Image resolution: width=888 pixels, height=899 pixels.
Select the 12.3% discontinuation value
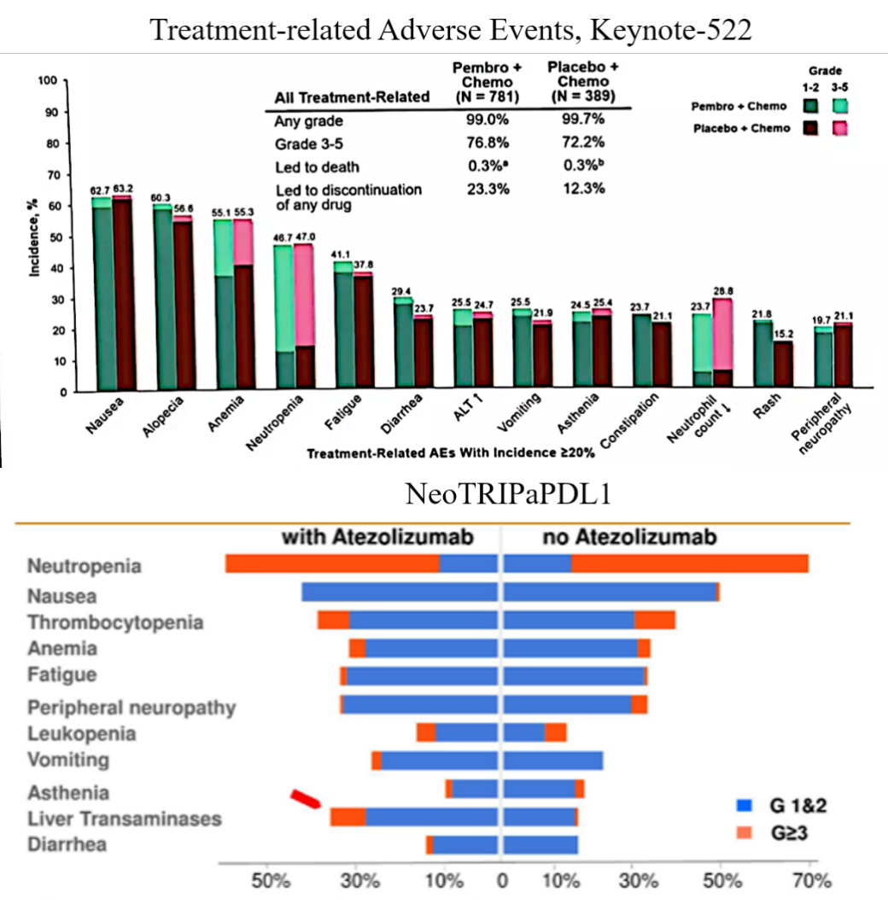[x=583, y=188]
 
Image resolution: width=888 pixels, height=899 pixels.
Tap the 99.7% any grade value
[x=583, y=121]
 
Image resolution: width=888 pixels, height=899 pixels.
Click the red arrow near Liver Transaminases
[x=305, y=798]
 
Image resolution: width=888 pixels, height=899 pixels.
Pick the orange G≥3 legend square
[x=745, y=829]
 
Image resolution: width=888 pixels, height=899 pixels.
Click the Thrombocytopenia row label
[x=115, y=622]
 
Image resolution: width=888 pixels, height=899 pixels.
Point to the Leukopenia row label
[x=81, y=733]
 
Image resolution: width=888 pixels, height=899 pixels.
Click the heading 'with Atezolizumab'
[x=377, y=538]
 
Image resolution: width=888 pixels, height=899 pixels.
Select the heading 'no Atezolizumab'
[x=630, y=538]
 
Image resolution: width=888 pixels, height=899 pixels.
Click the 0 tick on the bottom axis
[x=502, y=879]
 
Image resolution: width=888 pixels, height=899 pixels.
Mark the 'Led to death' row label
[x=317, y=166]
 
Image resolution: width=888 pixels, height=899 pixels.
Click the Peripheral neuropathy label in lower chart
[x=131, y=708]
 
